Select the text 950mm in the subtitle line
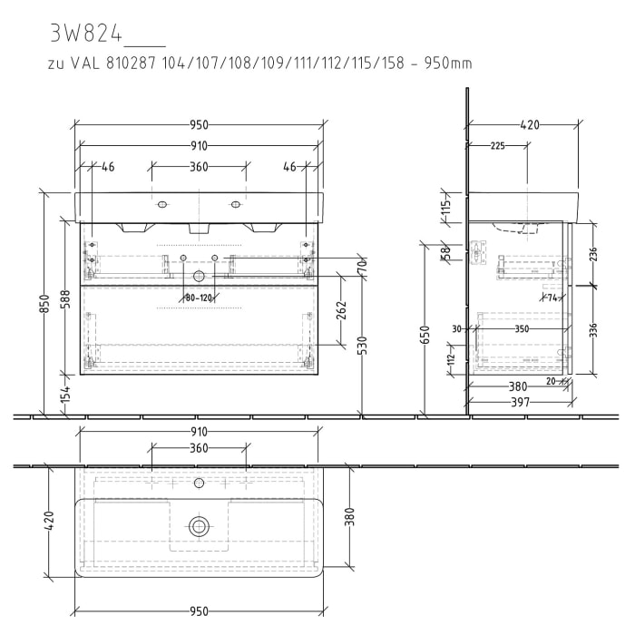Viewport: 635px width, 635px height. coord(451,64)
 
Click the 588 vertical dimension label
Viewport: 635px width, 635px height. coord(64,298)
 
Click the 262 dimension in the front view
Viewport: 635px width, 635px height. coord(341,311)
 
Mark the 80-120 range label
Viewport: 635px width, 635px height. coord(198,297)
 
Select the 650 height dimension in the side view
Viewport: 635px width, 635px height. coord(424,337)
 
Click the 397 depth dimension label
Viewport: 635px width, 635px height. coord(520,401)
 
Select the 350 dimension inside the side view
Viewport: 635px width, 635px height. coord(521,330)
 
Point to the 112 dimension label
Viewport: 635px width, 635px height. coord(451,360)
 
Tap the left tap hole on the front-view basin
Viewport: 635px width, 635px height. coord(164,203)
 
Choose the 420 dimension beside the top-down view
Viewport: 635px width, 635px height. coord(51,521)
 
